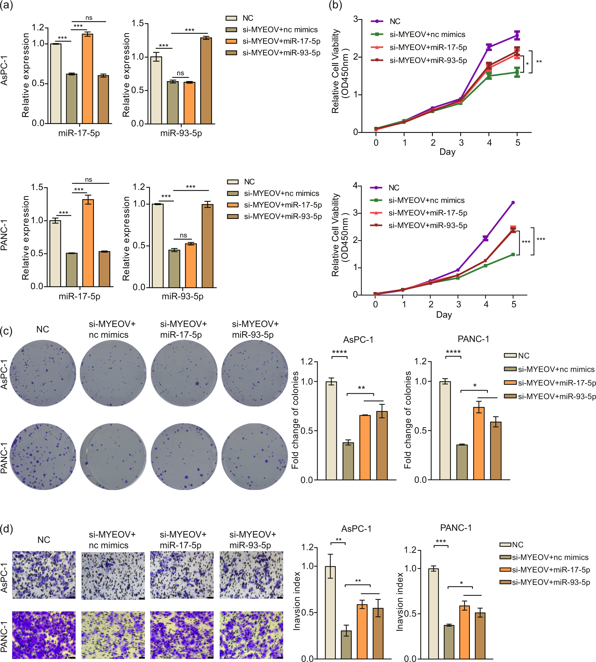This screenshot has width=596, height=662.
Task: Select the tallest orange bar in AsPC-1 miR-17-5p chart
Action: (87, 79)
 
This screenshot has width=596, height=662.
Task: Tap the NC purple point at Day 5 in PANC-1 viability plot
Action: (513, 202)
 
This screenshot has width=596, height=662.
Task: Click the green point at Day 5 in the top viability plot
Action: (517, 72)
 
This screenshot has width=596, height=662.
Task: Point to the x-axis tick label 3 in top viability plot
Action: (461, 143)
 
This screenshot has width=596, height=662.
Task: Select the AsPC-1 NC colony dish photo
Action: (43, 373)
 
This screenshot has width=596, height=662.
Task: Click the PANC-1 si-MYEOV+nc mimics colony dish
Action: (113, 457)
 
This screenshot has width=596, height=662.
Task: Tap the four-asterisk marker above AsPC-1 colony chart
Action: (339, 352)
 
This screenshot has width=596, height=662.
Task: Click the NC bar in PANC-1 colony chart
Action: (445, 431)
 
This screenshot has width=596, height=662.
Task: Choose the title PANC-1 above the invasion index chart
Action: (455, 528)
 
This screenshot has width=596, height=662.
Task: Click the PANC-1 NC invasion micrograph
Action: (44, 635)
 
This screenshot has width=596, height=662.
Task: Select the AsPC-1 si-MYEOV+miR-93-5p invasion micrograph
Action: (251, 574)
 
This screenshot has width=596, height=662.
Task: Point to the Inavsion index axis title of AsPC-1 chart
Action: (297, 601)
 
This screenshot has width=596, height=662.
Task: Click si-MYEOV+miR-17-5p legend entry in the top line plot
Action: (428, 47)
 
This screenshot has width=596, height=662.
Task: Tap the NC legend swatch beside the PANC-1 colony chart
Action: (510, 355)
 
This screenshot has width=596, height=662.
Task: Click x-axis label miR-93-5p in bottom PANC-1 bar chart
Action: (182, 296)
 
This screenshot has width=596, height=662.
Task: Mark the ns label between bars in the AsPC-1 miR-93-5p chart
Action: (180, 73)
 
